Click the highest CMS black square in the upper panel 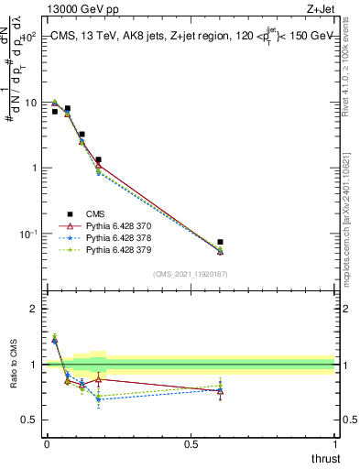68,108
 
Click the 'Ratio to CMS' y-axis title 14,377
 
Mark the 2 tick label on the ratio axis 33,309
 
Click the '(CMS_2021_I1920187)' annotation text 190,274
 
